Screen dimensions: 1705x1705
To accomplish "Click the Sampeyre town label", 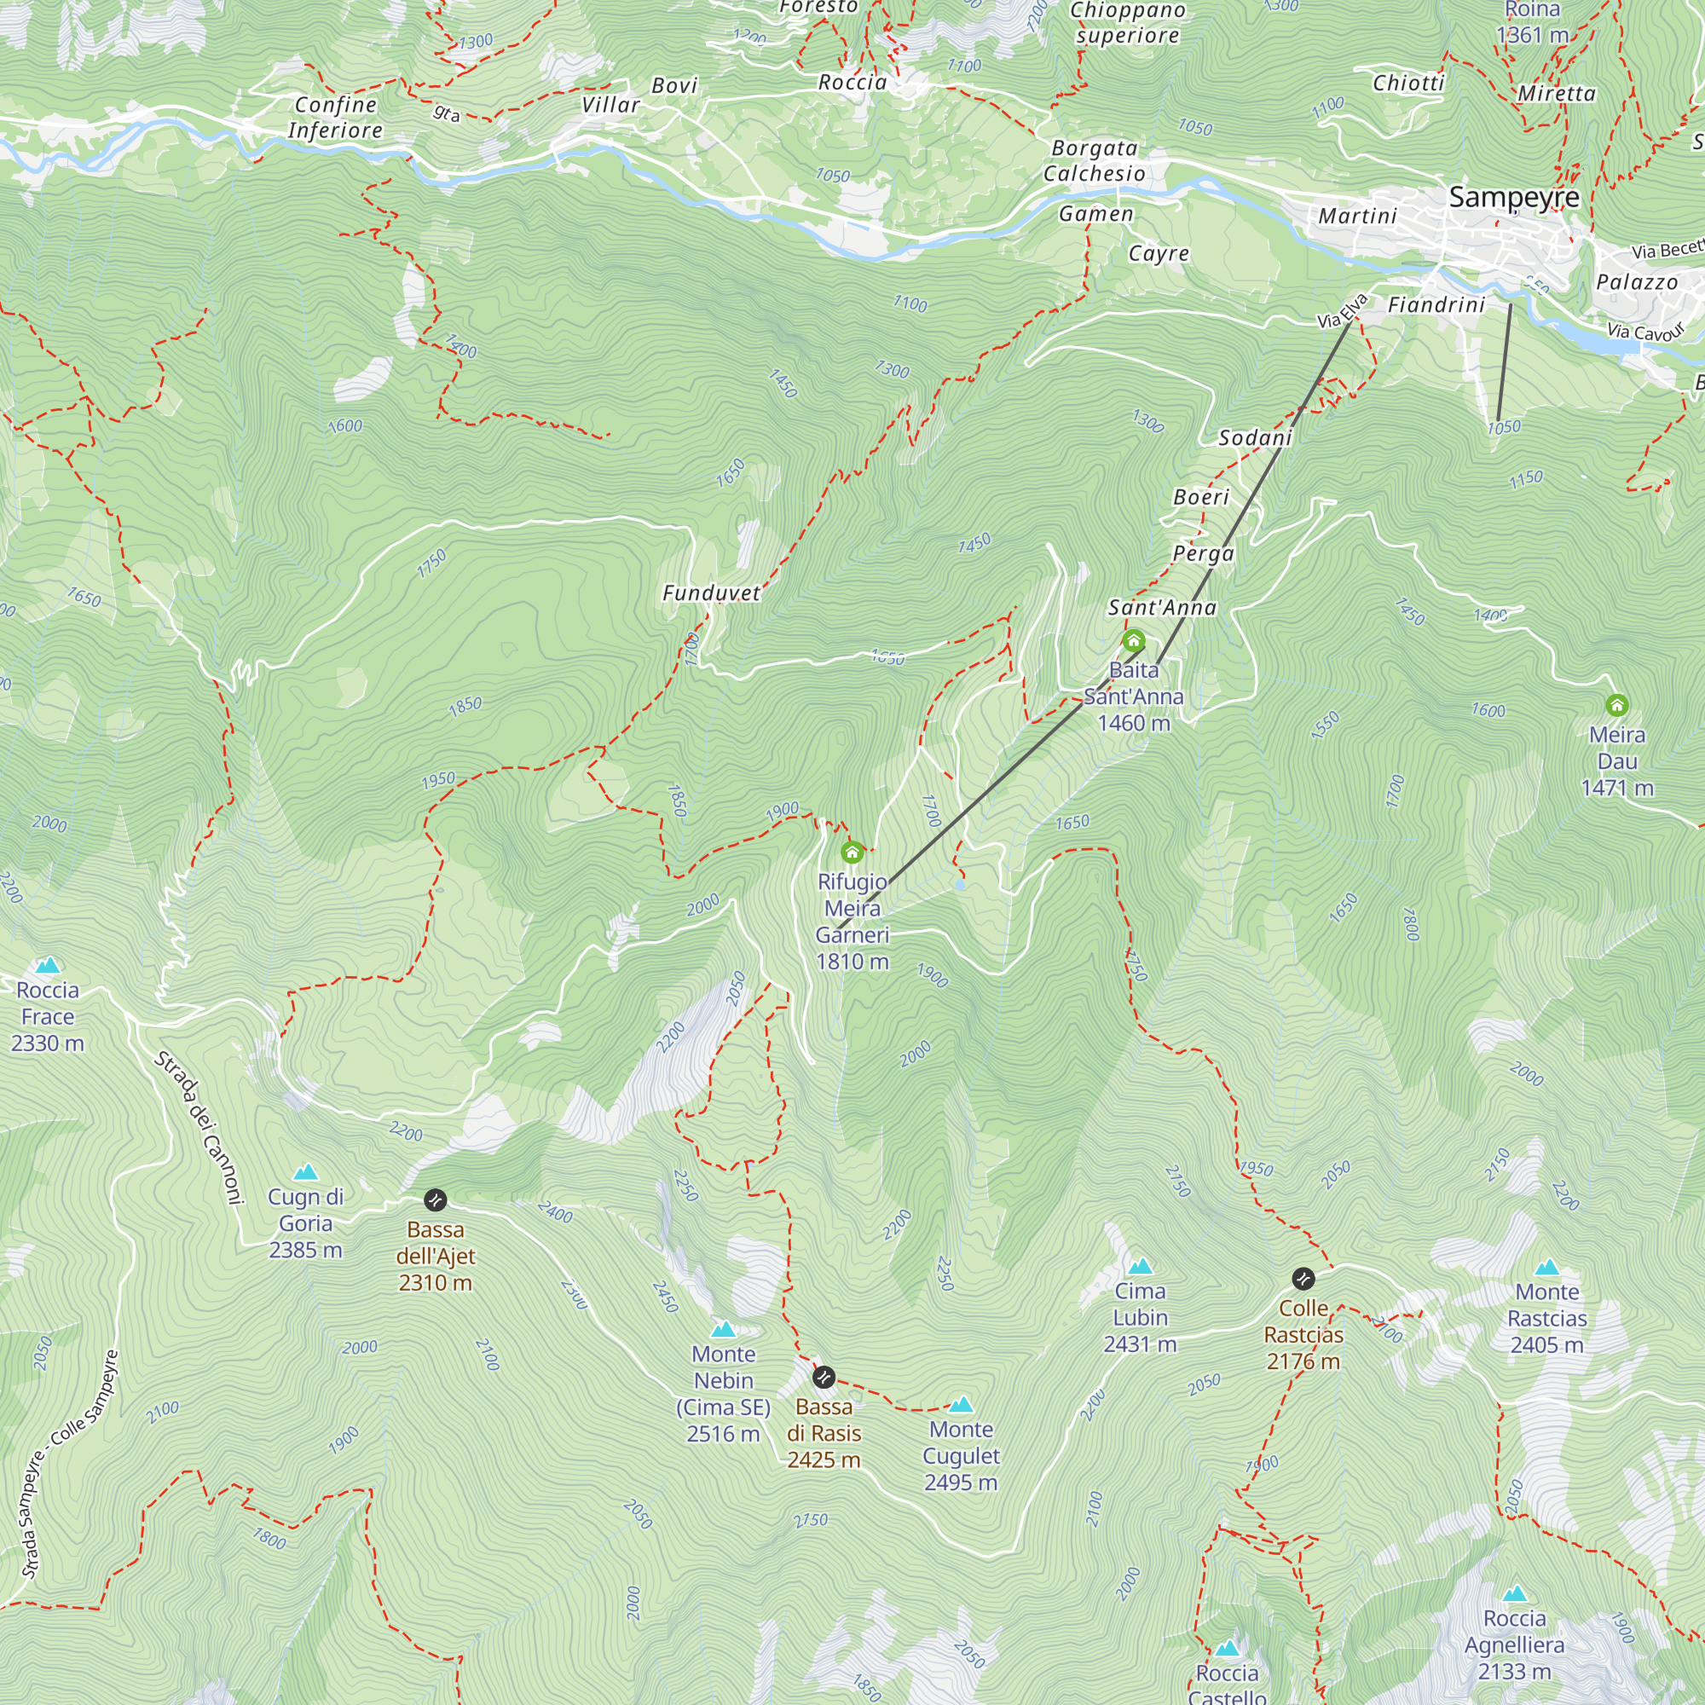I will pos(1513,198).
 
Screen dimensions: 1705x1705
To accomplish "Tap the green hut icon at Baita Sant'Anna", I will pos(1133,641).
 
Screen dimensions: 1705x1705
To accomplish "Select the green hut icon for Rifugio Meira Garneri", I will pos(852,852).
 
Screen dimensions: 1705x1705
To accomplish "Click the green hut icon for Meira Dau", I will pos(1615,705).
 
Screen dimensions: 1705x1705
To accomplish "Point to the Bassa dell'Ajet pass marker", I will pos(435,1200).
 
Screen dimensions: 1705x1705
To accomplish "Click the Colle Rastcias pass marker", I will pos(1303,1279).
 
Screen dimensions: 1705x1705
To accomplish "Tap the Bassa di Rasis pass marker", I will pos(823,1378).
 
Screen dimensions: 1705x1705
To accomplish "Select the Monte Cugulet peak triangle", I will pos(960,1405).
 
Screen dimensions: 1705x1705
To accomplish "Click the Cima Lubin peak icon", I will pos(1139,1268).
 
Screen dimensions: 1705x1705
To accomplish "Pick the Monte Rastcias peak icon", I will pos(1546,1269).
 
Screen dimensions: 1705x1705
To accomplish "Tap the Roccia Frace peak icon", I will pos(48,966).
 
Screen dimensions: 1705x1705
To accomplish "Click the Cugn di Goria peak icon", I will pos(305,1173).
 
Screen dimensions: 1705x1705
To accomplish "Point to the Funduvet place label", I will pos(711,593).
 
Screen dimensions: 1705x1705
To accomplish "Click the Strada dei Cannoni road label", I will pos(199,1128).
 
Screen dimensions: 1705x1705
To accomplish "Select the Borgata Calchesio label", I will pos(1095,160).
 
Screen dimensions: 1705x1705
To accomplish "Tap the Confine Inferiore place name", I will pos(335,118).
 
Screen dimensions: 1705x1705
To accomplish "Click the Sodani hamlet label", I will pos(1255,437).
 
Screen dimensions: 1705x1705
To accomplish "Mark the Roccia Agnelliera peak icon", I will pos(1514,1594).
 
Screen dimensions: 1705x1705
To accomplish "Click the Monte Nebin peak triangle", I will pos(723,1330).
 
